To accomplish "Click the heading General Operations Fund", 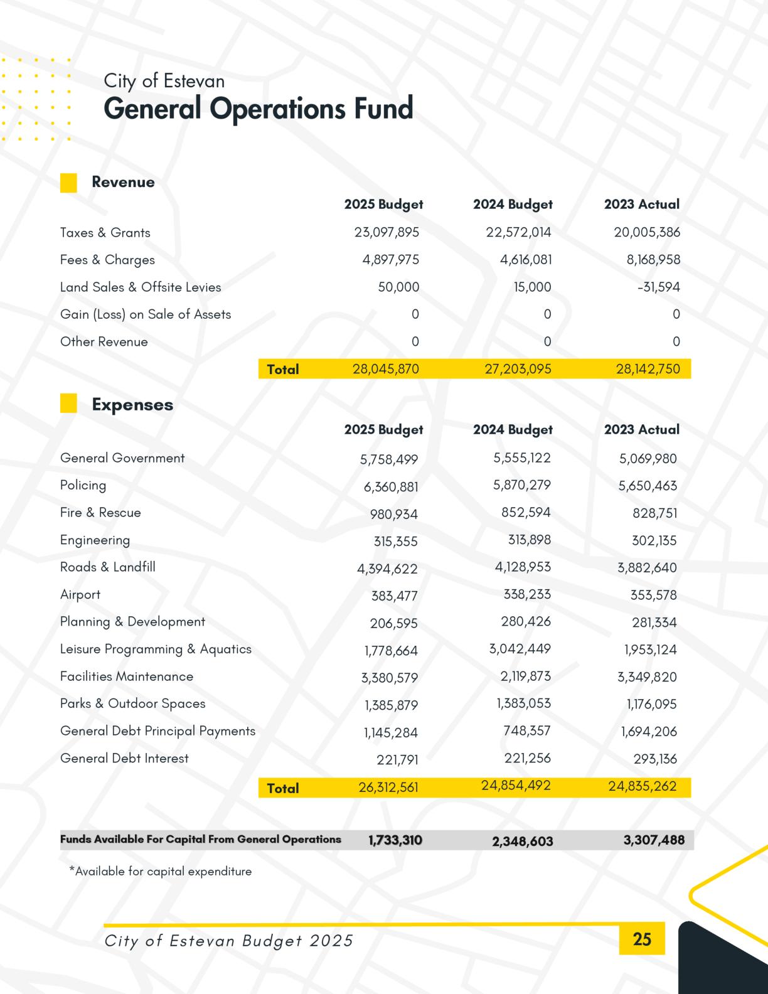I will tap(258, 109).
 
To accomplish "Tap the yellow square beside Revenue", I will tap(68, 183).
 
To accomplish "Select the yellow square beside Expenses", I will tap(68, 403).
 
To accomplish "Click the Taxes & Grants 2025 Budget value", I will tap(387, 233).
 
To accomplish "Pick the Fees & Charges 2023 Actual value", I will tap(653, 260).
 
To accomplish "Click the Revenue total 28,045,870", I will tap(386, 369).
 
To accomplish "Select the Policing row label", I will tap(83, 485).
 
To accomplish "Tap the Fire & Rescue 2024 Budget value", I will tap(526, 513).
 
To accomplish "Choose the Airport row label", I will tap(80, 594).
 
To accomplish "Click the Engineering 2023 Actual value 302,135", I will tap(654, 540).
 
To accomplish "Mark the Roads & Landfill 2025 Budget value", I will tap(387, 569).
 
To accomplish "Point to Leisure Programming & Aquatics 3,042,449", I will tap(520, 649).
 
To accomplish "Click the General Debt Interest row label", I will tap(124, 758).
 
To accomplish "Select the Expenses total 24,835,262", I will tap(643, 787).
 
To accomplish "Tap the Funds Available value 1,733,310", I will tap(395, 840).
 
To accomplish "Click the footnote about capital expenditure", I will tap(161, 872).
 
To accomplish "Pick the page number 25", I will tap(642, 939).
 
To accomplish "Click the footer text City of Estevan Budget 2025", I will tap(229, 941).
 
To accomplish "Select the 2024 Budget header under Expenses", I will tap(513, 430).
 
